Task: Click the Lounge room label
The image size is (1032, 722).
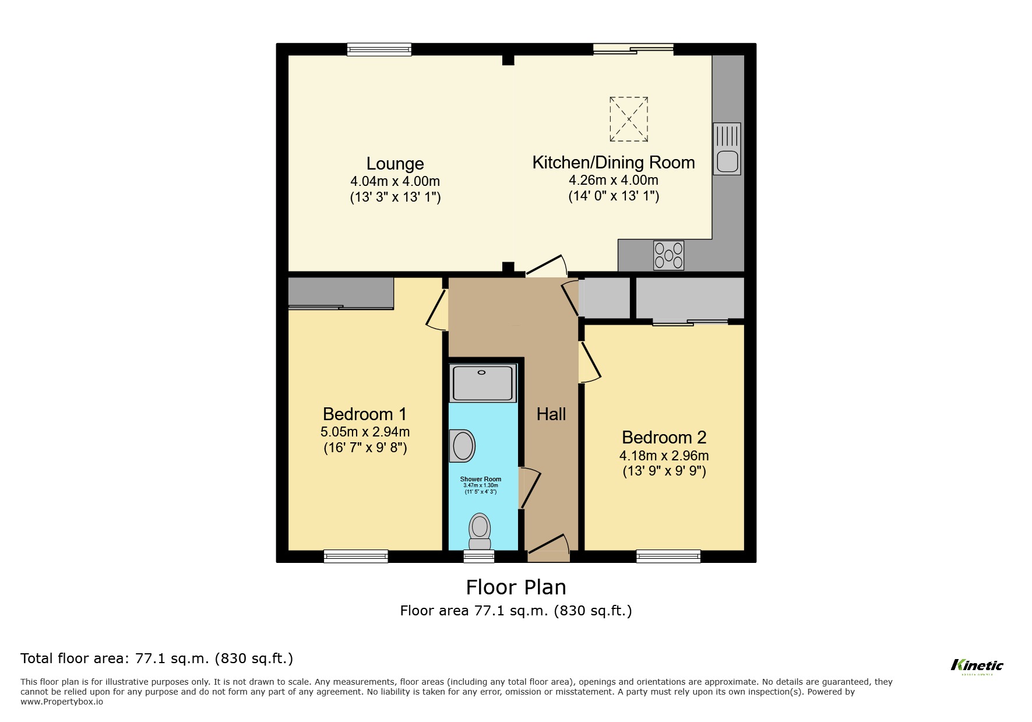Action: pos(395,164)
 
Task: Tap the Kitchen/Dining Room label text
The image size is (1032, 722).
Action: pos(613,163)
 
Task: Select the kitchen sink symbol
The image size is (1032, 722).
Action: pos(727,149)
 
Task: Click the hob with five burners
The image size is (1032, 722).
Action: pos(668,255)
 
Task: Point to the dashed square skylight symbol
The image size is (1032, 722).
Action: pos(629,119)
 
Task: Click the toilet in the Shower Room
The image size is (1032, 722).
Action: pos(480,531)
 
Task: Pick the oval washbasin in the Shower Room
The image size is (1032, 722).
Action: pos(463,446)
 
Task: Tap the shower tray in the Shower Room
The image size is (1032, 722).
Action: pos(482,383)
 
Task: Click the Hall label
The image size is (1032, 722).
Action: pos(551,414)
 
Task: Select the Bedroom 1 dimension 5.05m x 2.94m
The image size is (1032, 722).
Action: pos(365,432)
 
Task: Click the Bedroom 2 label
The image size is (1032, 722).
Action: pos(664,438)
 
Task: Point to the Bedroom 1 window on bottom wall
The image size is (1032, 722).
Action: pos(355,556)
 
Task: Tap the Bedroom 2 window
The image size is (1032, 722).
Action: pos(668,556)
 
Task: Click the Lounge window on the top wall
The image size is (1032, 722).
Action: pos(379,50)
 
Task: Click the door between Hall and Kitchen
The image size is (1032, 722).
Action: pos(547,266)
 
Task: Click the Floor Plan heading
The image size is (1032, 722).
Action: pos(516,587)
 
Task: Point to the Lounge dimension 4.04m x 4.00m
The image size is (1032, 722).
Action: pos(395,181)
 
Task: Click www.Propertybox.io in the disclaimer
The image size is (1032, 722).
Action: pos(62,702)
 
